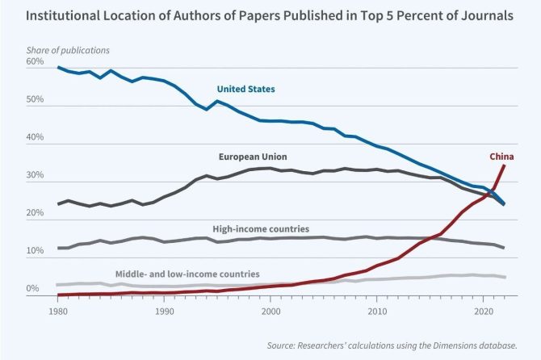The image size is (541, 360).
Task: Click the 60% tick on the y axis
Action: coord(36,62)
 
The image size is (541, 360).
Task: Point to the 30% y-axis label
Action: coord(36,177)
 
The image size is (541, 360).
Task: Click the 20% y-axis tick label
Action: coord(36,215)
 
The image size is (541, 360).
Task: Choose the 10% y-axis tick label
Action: coord(36,252)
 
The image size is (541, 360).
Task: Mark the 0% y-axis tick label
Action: coord(32,289)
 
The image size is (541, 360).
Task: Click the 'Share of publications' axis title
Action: coord(68,50)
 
